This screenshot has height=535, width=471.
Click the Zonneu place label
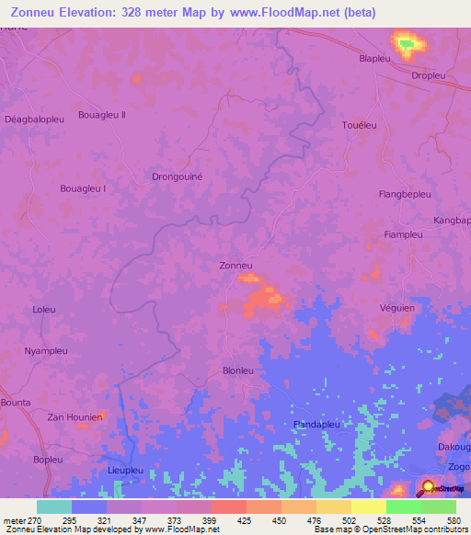point(235,266)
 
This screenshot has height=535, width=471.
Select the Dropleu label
point(430,76)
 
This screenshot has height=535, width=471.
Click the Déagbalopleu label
point(34,120)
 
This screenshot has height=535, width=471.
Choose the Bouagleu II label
point(102,115)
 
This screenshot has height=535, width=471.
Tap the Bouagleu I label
point(83,188)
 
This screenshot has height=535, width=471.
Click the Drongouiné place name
point(177,176)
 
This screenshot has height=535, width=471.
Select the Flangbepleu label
point(405,194)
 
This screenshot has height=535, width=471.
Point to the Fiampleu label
point(402,234)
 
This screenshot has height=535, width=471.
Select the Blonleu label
point(238,370)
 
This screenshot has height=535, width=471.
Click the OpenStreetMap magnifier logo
point(429,488)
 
